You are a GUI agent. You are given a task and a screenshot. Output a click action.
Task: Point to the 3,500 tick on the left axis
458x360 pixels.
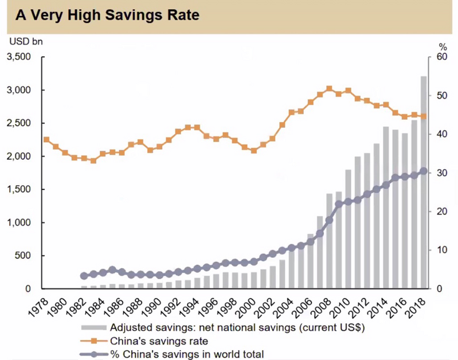[21, 57]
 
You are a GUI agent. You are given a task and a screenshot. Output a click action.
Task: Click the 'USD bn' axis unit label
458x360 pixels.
[25, 41]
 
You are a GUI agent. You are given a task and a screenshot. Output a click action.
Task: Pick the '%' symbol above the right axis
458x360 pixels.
[442, 46]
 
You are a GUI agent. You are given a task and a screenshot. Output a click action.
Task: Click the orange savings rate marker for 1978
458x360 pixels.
[46, 139]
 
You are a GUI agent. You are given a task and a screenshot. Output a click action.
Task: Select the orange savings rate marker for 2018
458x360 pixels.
[424, 116]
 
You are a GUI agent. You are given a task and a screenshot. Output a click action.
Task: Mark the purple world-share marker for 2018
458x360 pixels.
[424, 171]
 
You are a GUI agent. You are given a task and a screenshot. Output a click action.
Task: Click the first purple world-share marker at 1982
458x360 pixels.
[84, 276]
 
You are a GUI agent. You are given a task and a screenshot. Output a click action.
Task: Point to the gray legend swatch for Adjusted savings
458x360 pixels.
[93, 328]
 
